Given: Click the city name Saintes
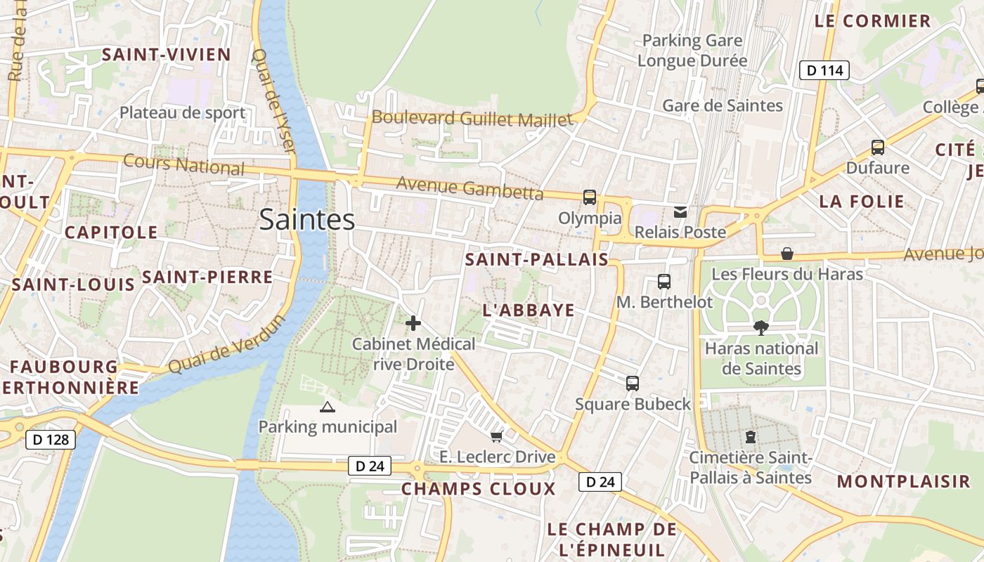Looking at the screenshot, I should [307, 220].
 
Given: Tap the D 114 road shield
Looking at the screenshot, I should [824, 70].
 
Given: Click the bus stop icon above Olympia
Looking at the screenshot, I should [590, 197].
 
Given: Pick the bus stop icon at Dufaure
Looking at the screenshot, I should [877, 148].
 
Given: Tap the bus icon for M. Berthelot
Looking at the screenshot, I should [664, 282].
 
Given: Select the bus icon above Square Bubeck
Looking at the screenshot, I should [633, 384].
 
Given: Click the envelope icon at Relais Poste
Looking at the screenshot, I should [680, 211].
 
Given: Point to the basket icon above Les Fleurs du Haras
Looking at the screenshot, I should [787, 254].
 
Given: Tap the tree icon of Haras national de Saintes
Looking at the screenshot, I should [760, 327].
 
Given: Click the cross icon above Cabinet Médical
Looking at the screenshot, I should [413, 323].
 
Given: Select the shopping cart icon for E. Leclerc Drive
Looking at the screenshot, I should [496, 437].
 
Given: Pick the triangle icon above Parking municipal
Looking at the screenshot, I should [328, 407].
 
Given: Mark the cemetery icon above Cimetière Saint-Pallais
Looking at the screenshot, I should [751, 437].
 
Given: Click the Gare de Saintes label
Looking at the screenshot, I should [723, 105].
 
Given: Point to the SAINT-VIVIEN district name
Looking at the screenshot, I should [167, 55].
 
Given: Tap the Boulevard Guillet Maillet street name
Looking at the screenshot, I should [472, 119].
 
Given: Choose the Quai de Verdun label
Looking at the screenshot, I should [226, 345].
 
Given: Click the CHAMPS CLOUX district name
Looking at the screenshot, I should [478, 489].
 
